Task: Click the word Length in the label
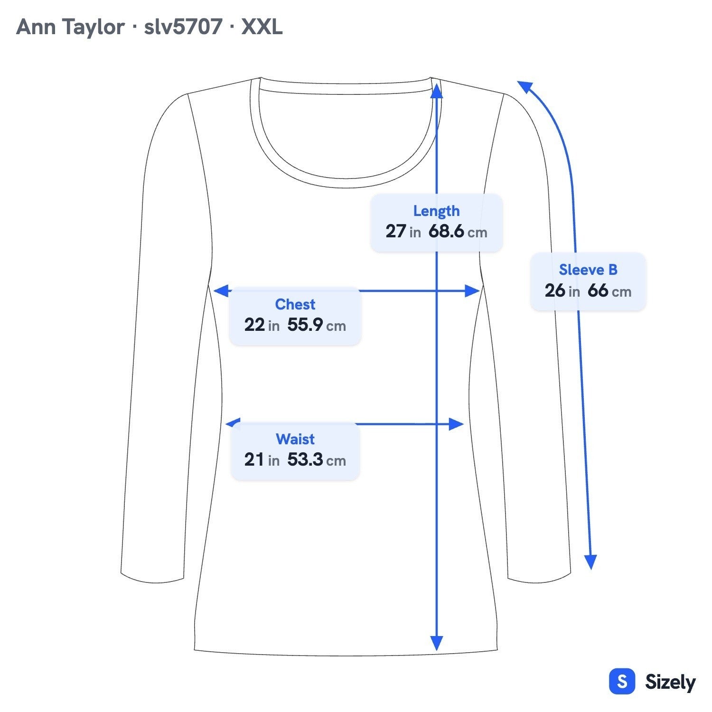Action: click(436, 211)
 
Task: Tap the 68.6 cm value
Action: click(458, 232)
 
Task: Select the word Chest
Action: click(295, 304)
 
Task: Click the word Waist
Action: click(295, 439)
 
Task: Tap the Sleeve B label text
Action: click(588, 270)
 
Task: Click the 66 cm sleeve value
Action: click(609, 290)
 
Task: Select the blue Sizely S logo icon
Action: click(622, 682)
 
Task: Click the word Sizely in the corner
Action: click(670, 682)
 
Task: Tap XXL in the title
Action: click(262, 27)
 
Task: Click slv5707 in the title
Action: click(183, 27)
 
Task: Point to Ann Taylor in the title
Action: click(70, 27)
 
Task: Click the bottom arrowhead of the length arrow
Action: click(437, 643)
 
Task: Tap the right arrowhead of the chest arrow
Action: click(472, 291)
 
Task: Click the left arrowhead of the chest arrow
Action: click(221, 291)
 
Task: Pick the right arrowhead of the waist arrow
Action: click(456, 424)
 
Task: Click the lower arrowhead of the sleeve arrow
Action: click(590, 562)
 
